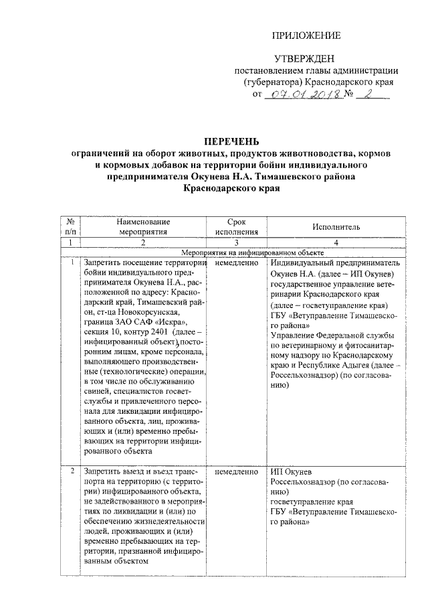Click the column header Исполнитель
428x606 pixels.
[x=335, y=228]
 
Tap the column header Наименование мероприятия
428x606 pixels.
[x=142, y=227]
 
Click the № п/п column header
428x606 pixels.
[x=70, y=227]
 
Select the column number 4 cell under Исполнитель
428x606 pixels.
[x=335, y=243]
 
